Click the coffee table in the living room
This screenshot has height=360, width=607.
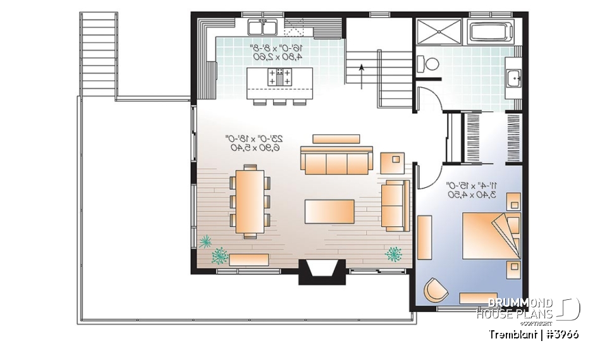tap(329, 211)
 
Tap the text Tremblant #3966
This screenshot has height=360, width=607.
tap(534, 334)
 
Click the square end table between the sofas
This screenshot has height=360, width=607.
tap(394, 163)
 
